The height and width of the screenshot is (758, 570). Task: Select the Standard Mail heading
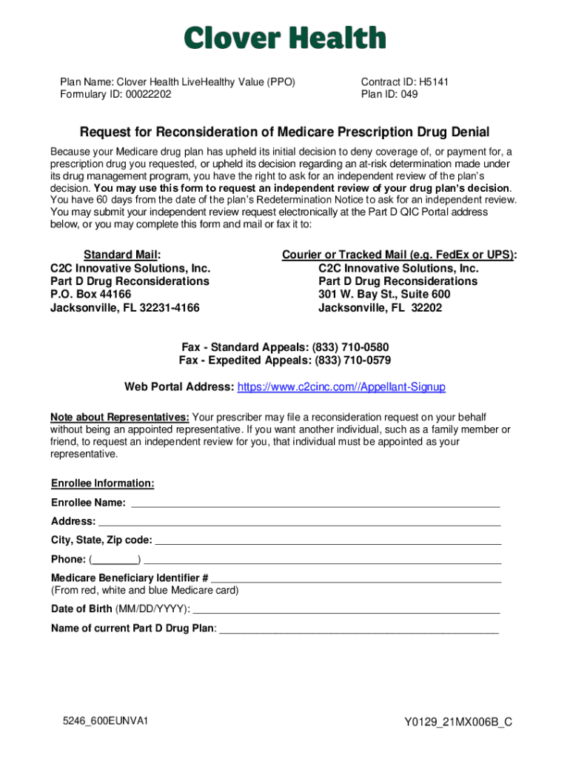[x=121, y=255]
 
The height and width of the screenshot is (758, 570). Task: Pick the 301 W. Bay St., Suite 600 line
[x=384, y=295]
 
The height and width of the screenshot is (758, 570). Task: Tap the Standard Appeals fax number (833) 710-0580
[x=350, y=347]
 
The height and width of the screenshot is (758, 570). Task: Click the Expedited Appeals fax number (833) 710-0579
[x=352, y=360]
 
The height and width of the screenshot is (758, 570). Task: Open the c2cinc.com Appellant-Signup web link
[x=341, y=387]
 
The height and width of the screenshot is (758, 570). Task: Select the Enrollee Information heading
[x=102, y=483]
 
